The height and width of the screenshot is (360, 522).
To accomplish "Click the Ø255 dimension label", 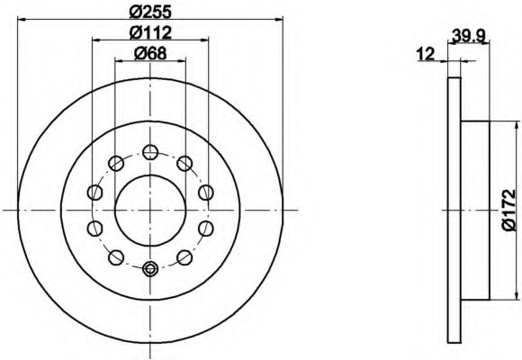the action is (150, 13).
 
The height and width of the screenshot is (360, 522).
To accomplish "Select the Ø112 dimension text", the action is (150, 32).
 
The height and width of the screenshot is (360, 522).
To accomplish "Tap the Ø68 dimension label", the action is (150, 53).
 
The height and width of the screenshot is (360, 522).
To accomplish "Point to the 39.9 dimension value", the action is (468, 35).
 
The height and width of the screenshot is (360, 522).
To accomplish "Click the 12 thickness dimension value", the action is (426, 54).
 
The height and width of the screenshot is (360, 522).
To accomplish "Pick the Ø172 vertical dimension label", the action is (509, 210).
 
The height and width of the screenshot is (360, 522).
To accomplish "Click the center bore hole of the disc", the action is (150, 210).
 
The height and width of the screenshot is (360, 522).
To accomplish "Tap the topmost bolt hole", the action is (150, 152).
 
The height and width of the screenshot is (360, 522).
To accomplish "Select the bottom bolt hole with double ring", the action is (150, 269).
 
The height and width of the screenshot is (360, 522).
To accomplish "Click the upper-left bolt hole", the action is (116, 163).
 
